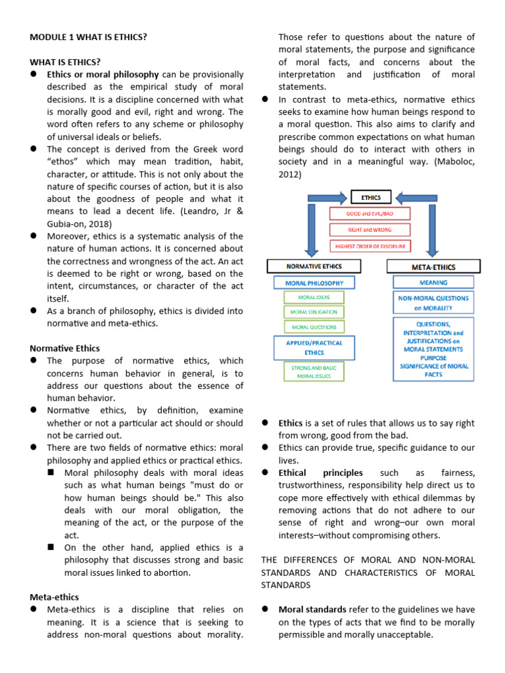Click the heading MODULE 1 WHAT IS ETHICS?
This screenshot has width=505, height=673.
[88, 37]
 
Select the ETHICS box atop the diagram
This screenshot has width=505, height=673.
[371, 197]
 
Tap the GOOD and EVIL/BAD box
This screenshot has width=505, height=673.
[370, 214]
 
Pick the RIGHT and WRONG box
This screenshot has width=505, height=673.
[370, 229]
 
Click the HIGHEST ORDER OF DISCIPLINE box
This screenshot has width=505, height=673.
[370, 246]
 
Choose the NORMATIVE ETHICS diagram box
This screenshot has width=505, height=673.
[314, 266]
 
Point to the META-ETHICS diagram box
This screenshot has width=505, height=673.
[433, 266]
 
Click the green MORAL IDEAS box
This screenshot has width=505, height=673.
[314, 297]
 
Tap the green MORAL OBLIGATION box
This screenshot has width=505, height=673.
[314, 312]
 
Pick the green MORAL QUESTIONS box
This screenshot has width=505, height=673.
[314, 327]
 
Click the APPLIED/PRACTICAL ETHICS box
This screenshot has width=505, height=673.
[314, 348]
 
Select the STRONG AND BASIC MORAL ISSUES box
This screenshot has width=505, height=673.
[314, 372]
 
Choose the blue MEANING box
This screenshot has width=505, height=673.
[433, 283]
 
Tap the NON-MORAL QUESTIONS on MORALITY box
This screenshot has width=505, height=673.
[433, 302]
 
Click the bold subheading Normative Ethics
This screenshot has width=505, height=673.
[65, 348]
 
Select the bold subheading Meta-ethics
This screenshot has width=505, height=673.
[55, 597]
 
